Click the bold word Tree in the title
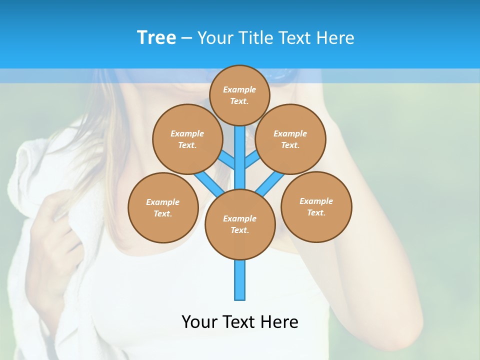[156, 37]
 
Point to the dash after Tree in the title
[186, 38]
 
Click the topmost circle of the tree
[239, 95]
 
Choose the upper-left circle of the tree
[187, 139]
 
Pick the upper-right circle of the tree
[290, 139]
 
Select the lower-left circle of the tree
[163, 207]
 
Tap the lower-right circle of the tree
[316, 206]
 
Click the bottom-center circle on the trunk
[240, 224]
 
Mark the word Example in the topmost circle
[239, 89]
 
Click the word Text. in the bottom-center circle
[239, 230]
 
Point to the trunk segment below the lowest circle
[240, 280]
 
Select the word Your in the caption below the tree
[198, 321]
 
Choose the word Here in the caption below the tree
[279, 321]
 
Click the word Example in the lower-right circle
[316, 201]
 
